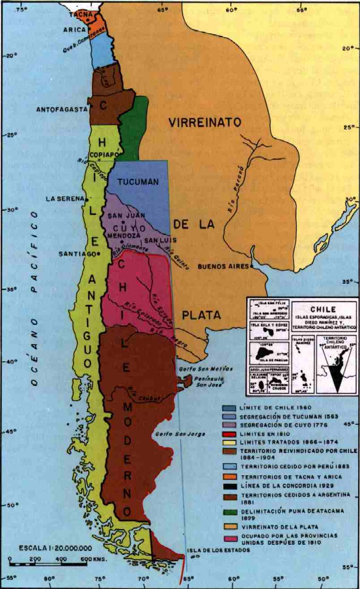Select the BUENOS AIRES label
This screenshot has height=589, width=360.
click(x=223, y=266)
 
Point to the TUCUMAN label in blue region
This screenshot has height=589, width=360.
click(x=138, y=182)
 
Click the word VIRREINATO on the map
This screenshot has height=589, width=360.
click(x=205, y=123)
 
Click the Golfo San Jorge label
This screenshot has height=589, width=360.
click(x=179, y=434)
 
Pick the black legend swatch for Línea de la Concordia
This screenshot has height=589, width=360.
click(x=231, y=486)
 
